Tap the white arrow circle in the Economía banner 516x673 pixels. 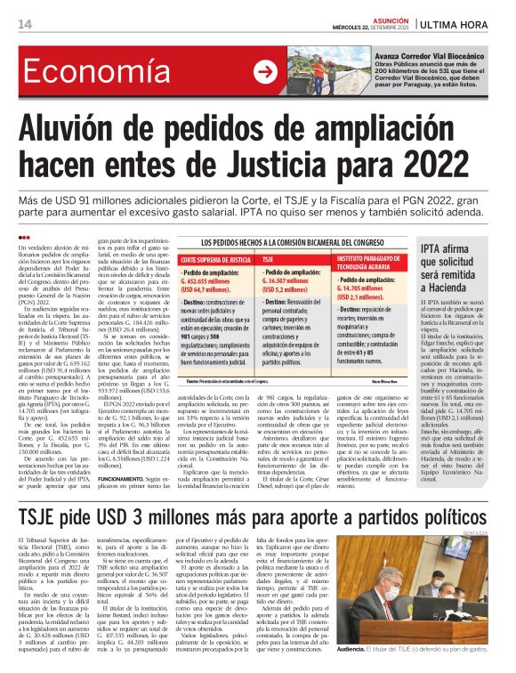264,72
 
